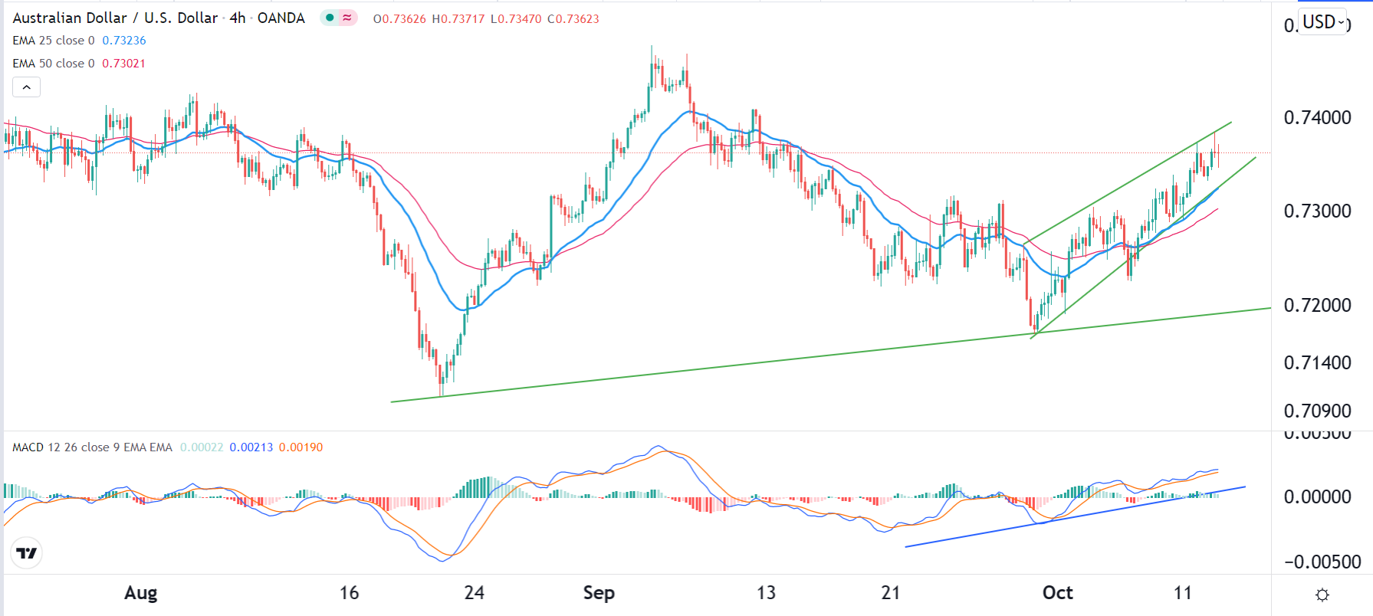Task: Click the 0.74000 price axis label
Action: coord(1317,117)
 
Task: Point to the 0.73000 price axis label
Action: coord(1317,211)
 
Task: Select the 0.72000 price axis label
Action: coord(1317,305)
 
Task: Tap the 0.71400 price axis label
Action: coord(1317,362)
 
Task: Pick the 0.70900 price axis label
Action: coord(1317,411)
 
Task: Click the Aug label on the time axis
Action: coord(141,592)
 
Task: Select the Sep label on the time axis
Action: coord(599,592)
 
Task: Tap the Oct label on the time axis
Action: coord(1057,592)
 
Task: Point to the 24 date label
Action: coord(474,592)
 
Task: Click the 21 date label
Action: coord(890,592)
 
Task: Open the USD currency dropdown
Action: coord(1324,22)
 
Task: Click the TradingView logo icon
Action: coord(27,553)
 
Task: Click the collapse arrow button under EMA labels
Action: coord(26,87)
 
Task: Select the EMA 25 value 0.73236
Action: coord(124,41)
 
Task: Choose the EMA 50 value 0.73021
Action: coord(123,64)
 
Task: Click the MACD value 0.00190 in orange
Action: coord(301,447)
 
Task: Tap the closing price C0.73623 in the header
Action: coord(573,19)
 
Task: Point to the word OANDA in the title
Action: coord(281,18)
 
